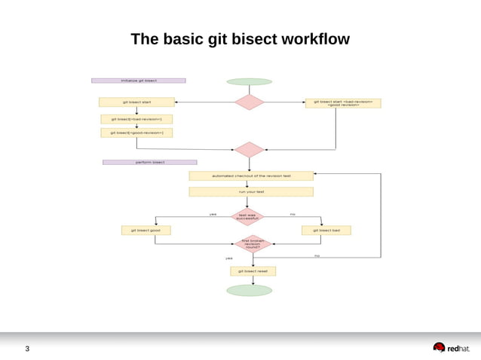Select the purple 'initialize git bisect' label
click(138, 80)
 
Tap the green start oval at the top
click(249, 81)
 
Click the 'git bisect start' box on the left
click(136, 102)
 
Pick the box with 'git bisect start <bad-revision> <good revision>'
click(343, 102)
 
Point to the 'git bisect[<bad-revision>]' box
click(136, 119)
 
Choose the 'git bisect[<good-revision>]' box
click(136, 133)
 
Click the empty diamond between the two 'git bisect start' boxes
click(249, 102)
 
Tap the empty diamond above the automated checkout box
click(249, 149)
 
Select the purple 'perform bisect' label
click(149, 162)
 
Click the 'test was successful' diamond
click(247, 217)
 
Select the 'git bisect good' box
click(146, 230)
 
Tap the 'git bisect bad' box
click(326, 230)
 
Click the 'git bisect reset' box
click(253, 270)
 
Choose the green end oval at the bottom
click(250, 290)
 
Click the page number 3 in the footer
click(28, 349)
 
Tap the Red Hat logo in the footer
click(451, 348)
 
